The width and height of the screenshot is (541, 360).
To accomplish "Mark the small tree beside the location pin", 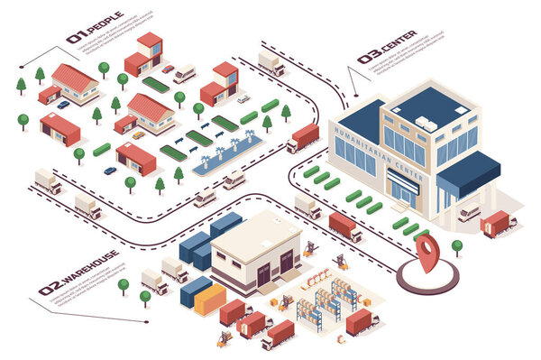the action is pos(457,245).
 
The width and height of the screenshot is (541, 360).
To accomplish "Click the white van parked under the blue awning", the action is pos(468,213).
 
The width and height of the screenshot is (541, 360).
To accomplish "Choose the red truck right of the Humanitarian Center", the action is pos(497,222).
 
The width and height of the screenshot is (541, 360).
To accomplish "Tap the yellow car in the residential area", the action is pos(138,135).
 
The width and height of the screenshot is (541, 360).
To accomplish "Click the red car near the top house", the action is pos(168,69).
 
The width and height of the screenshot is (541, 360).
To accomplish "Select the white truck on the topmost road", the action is pos(271,62).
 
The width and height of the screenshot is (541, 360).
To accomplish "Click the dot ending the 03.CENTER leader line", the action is pos(355,95).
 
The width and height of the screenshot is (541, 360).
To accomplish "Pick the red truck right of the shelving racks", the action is pos(362,322).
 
